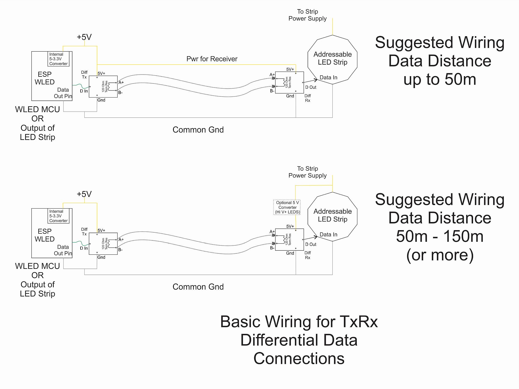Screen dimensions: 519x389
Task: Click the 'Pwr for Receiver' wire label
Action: tap(212, 59)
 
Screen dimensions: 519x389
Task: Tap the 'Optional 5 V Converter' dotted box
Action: tap(287, 207)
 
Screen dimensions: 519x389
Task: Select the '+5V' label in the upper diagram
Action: tap(84, 37)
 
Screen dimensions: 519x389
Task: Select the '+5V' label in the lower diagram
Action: tap(84, 194)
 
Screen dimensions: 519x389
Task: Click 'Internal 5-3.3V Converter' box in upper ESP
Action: tap(58, 59)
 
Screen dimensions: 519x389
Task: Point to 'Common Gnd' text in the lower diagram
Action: tap(198, 287)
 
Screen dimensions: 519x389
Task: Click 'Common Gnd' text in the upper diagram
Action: tap(198, 130)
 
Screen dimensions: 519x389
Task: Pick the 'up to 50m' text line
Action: tap(440, 79)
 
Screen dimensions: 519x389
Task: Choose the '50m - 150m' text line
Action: tap(440, 236)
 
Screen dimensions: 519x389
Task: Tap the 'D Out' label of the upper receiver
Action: tap(311, 87)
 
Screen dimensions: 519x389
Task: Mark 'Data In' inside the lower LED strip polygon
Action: tap(328, 234)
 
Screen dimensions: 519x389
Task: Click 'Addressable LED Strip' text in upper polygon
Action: tap(332, 58)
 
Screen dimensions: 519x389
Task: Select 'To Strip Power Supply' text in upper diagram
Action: tap(307, 15)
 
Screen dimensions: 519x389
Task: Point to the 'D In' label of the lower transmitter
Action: tap(84, 248)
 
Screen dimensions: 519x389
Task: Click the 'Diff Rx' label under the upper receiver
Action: tap(308, 98)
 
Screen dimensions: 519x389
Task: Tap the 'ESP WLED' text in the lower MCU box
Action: tap(45, 235)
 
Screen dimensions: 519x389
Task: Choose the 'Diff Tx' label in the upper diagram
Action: tap(84, 75)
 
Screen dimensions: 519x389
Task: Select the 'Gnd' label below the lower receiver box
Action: tap(290, 253)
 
